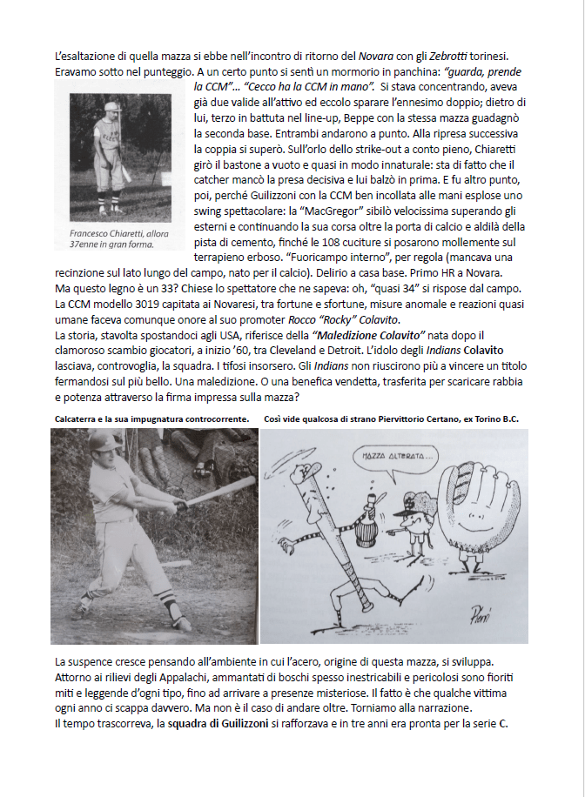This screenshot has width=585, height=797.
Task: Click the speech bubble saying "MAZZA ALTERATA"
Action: [x=389, y=456]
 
